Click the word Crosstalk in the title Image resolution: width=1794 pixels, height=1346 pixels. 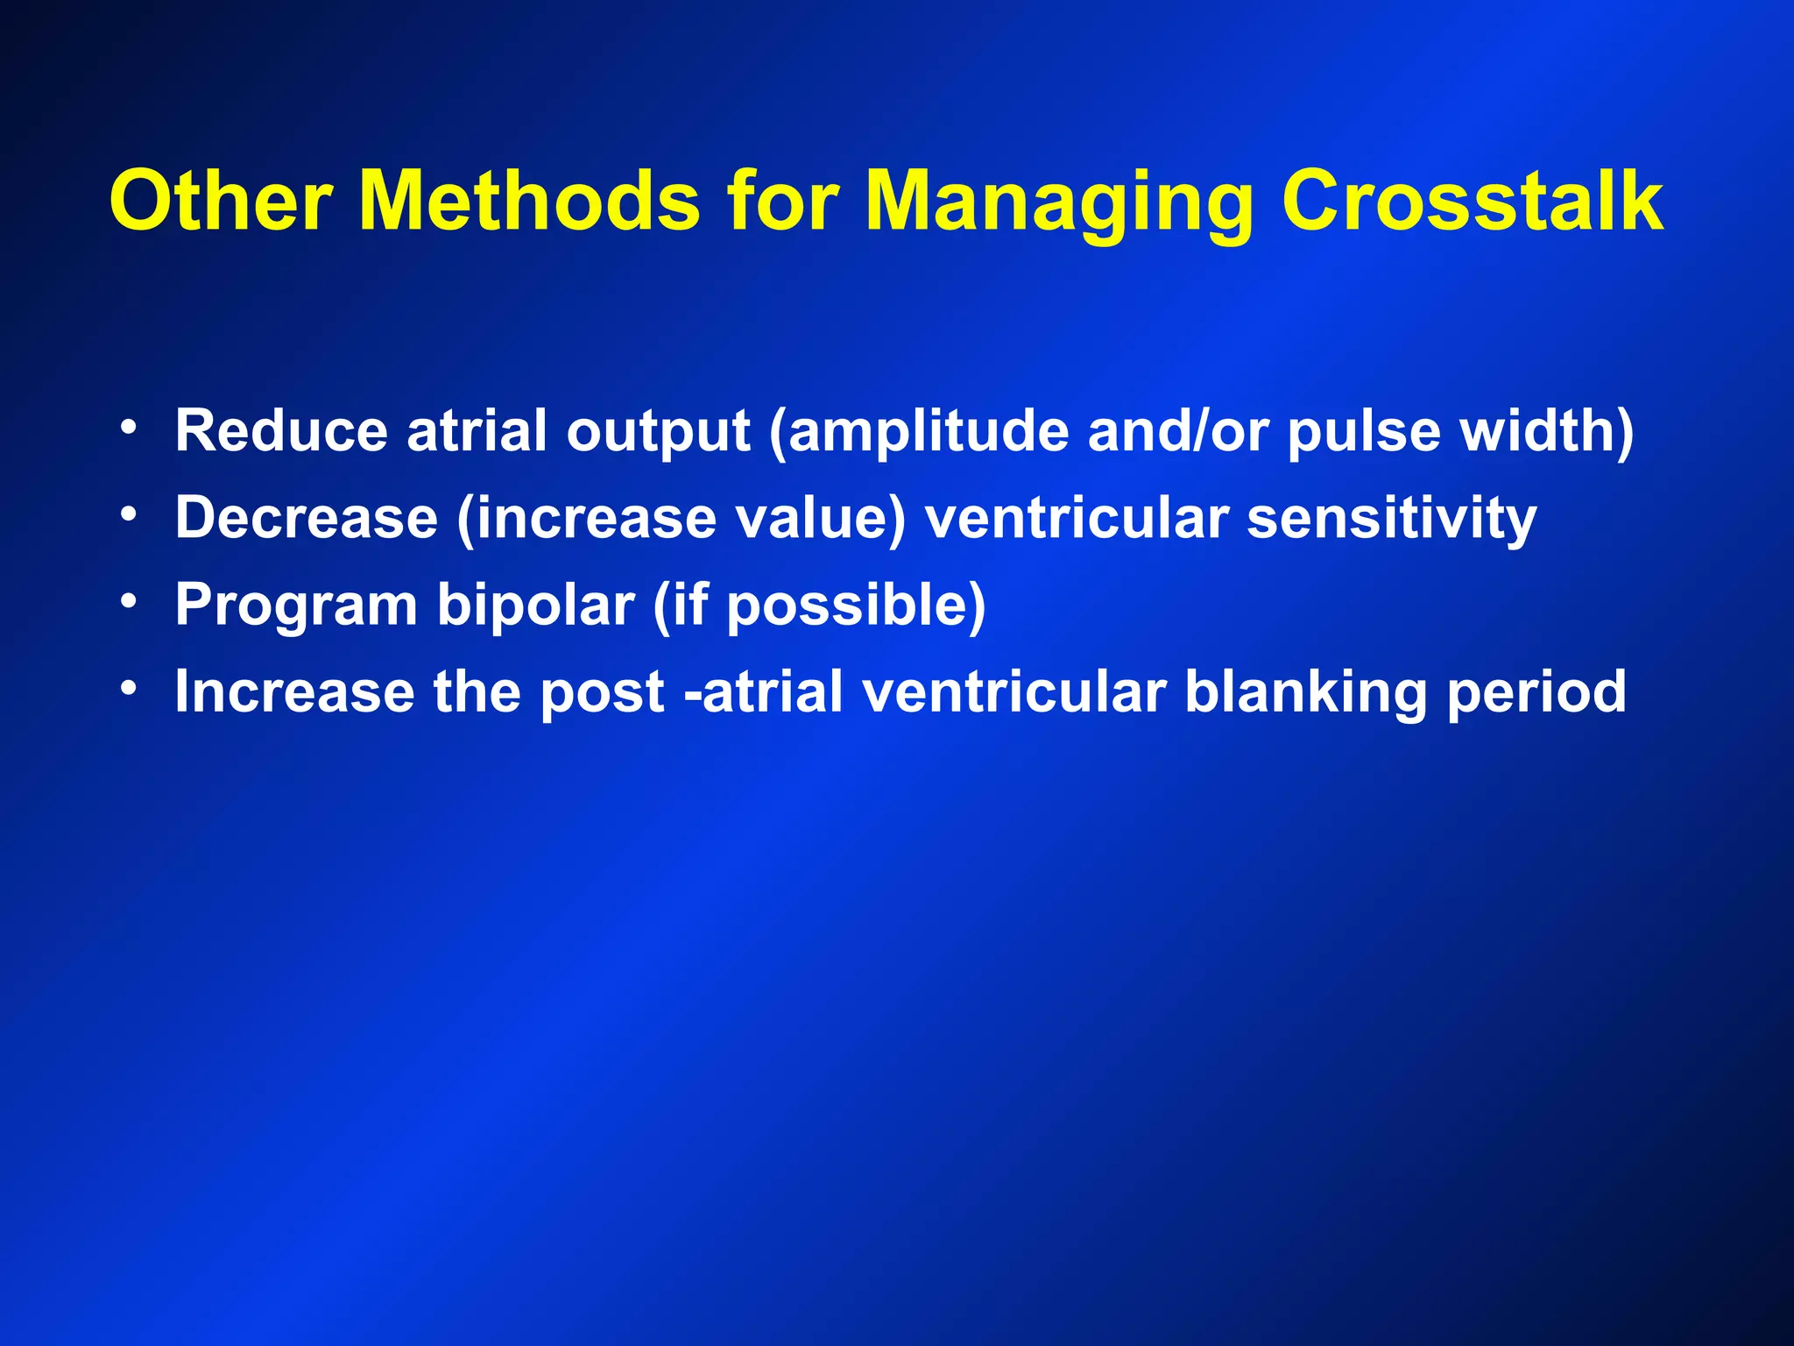(x=1472, y=202)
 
